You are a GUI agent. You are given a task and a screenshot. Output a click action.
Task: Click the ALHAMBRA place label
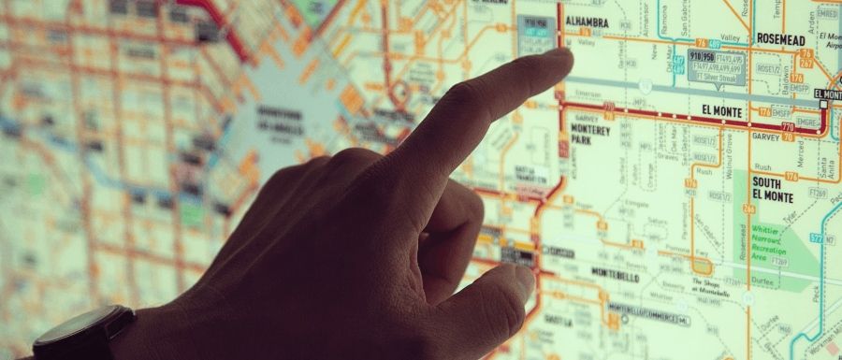587,22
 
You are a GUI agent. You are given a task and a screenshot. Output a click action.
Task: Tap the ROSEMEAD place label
781,40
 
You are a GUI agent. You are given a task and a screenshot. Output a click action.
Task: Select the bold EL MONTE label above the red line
721,111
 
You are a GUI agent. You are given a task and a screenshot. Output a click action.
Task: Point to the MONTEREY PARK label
589,135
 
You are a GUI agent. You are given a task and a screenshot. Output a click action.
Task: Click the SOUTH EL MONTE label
773,190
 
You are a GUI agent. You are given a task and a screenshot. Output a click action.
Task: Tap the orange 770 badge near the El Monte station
788,126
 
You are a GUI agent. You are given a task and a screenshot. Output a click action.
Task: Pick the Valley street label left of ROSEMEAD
730,37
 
